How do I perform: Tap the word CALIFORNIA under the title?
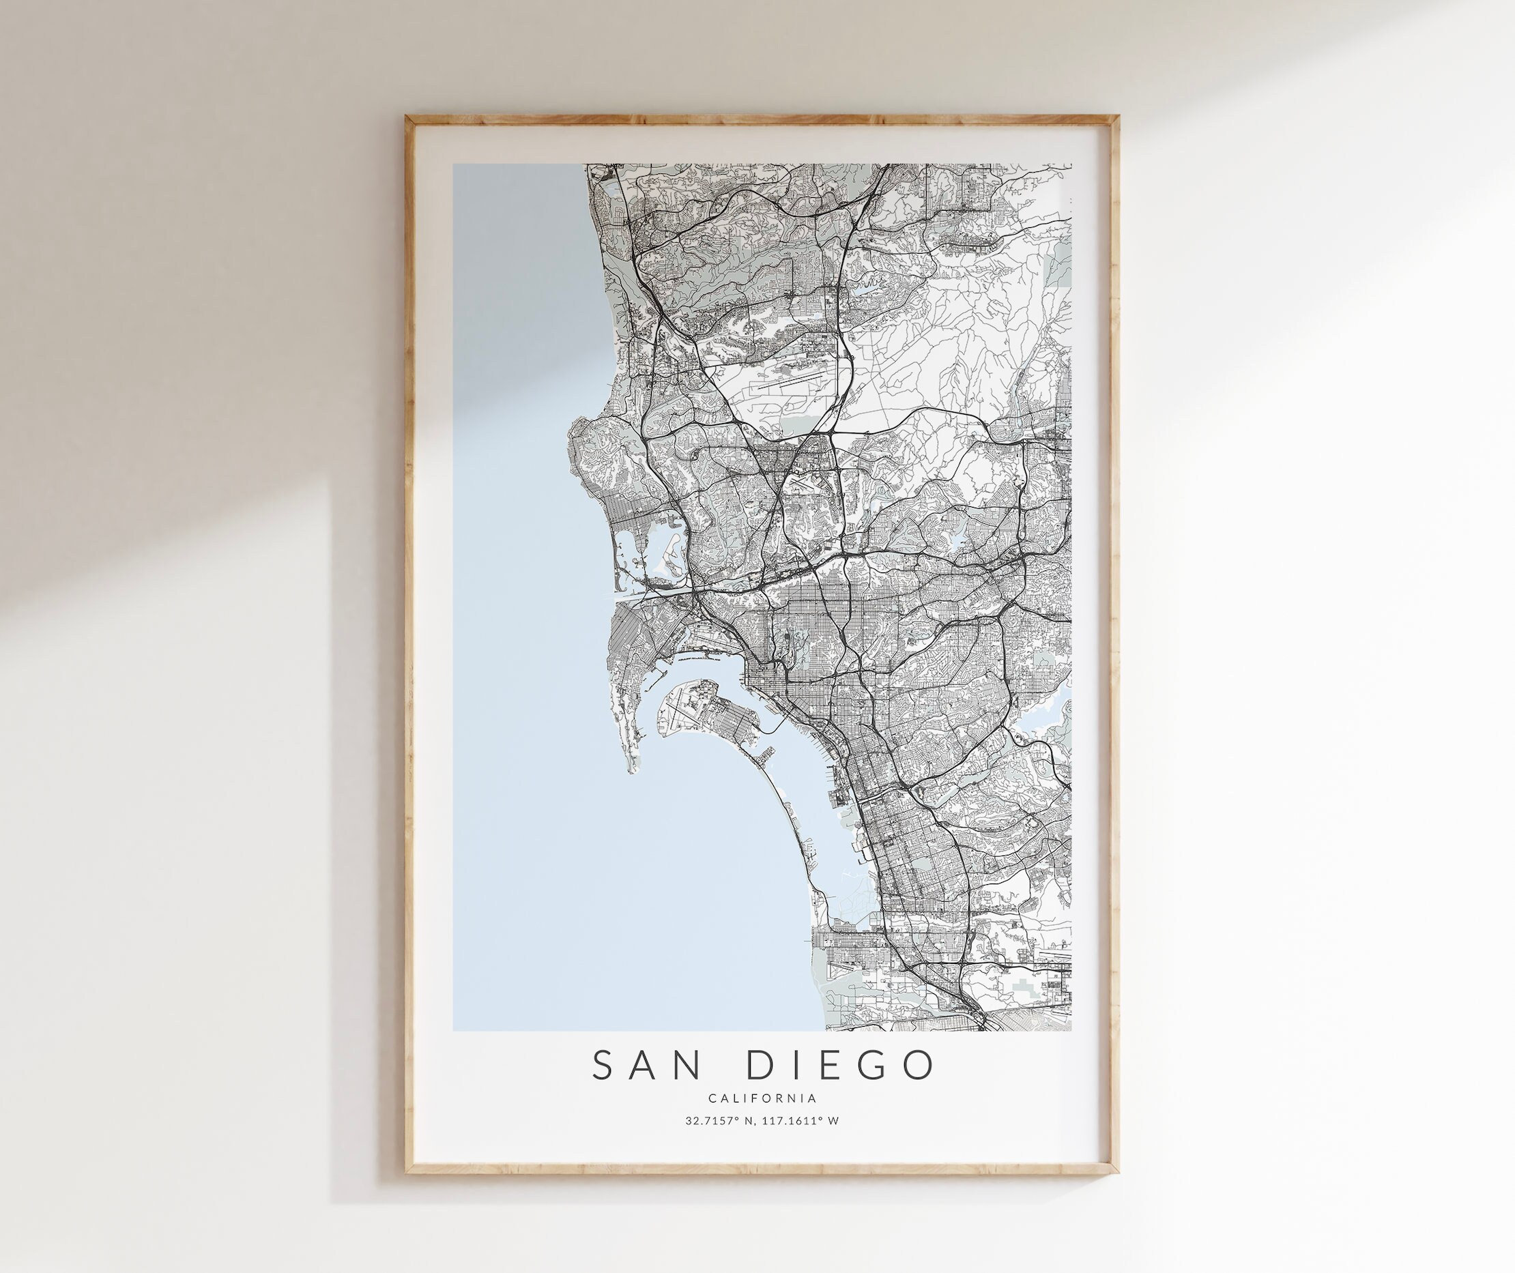[x=762, y=1098]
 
